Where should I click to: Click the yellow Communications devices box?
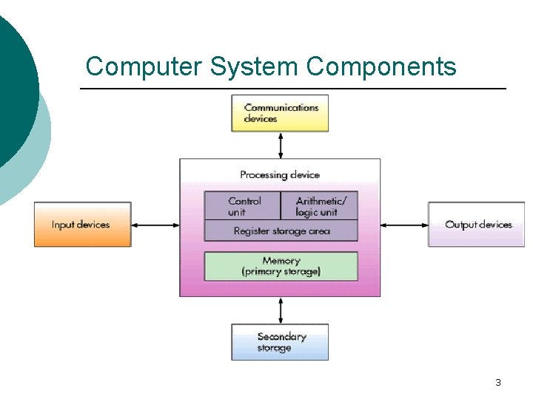click(280, 113)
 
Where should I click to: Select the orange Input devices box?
click(82, 225)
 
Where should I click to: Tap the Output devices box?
click(476, 225)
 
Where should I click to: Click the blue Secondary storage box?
click(280, 342)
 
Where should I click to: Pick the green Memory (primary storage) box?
click(281, 266)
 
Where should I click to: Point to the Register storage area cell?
click(281, 231)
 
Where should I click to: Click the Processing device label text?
click(280, 175)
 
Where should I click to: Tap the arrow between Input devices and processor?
click(155, 225)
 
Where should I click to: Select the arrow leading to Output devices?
click(404, 225)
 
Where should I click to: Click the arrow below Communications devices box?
click(280, 145)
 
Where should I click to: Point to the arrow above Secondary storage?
click(280, 310)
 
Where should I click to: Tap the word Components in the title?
click(381, 67)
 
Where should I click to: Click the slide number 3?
click(497, 383)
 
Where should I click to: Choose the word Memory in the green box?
click(281, 261)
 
